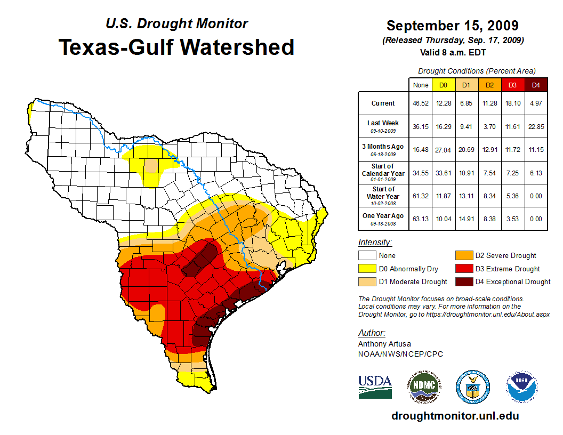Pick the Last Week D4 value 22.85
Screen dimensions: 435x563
536,127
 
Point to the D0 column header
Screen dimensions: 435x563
443,85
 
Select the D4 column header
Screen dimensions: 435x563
536,85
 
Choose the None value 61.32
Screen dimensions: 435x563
421,196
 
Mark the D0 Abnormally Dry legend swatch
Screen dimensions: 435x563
367,269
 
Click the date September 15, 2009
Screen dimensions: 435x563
452,26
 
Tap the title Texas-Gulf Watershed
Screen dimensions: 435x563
176,47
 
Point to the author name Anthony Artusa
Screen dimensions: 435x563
384,344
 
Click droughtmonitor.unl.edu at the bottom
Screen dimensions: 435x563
455,416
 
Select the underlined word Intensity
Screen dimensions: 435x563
375,242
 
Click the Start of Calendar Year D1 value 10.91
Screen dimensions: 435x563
466,173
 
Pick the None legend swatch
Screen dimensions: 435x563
367,256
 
